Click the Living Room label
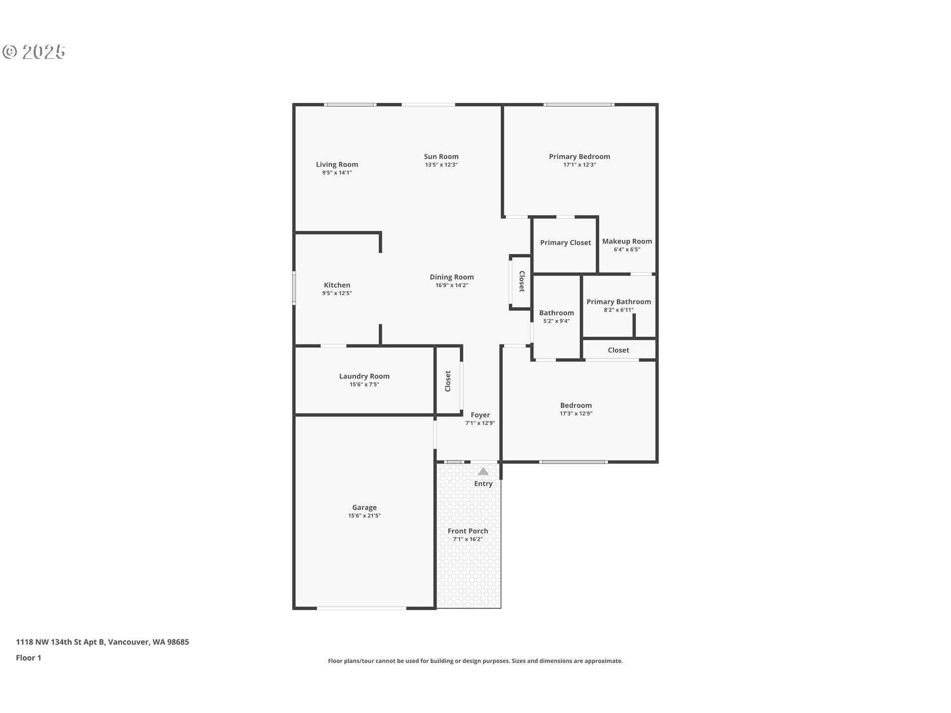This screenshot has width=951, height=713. coord(337,164)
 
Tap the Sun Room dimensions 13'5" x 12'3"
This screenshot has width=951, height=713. coord(441,165)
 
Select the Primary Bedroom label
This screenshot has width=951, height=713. coord(579,156)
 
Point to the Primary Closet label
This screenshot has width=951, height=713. coord(565,243)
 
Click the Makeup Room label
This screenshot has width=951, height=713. coord(627,241)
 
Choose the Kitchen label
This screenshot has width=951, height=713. coord(337,285)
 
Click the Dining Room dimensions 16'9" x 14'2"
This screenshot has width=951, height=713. coord(451,285)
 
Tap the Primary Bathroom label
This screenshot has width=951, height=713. coord(619,302)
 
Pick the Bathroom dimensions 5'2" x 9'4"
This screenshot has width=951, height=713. coord(556,321)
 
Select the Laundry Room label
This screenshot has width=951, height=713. coord(364,376)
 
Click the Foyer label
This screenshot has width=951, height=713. coord(480,415)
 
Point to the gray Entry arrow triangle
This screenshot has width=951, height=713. coord(483,471)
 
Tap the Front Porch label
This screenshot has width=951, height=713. coord(468,531)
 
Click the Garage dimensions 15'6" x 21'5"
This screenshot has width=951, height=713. coord(364,515)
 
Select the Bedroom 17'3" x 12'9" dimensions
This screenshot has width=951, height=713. coord(576,413)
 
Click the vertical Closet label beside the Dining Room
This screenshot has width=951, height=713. coord(522,281)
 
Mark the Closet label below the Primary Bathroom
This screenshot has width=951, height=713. coord(618,350)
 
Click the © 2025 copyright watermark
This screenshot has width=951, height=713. coord(34,52)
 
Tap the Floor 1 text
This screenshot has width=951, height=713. coord(28,658)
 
